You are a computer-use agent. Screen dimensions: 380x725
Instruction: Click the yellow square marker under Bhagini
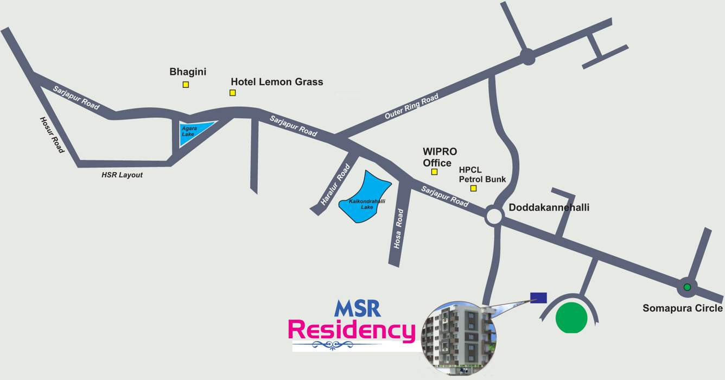click(x=186, y=85)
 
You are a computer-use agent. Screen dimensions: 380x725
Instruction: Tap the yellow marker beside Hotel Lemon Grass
click(x=233, y=93)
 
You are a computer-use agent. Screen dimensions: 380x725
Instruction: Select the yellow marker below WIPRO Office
click(x=434, y=172)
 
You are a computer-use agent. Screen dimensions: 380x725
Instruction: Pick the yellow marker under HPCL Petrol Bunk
click(x=473, y=188)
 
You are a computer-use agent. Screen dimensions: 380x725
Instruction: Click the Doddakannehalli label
click(x=549, y=207)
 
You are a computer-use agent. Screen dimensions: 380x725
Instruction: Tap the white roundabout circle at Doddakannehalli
click(x=494, y=216)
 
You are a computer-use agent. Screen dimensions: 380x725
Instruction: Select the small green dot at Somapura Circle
click(x=687, y=287)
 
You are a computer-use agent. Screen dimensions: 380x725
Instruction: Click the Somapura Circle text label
click(x=683, y=308)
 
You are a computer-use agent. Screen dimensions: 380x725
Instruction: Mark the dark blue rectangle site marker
click(x=538, y=297)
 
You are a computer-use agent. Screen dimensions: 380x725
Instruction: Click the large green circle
click(x=571, y=317)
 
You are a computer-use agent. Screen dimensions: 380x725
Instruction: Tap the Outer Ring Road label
click(x=411, y=107)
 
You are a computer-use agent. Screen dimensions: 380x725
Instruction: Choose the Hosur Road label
click(x=52, y=134)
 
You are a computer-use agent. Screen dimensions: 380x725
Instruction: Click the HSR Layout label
click(x=122, y=175)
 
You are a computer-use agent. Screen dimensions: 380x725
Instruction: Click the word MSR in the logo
click(x=358, y=308)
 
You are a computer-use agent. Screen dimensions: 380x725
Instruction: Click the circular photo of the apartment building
click(x=459, y=337)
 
